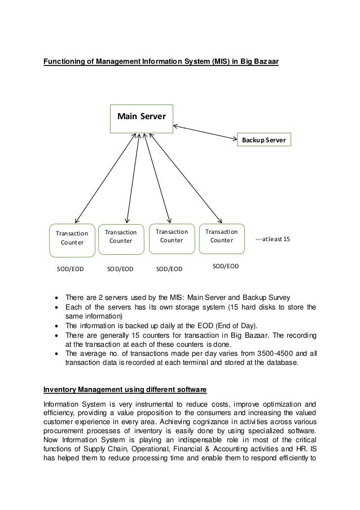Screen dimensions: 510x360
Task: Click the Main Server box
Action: (x=141, y=117)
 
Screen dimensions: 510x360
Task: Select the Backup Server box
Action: (x=264, y=139)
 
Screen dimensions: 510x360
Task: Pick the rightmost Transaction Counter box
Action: (x=221, y=236)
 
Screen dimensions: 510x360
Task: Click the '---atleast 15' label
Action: (x=273, y=239)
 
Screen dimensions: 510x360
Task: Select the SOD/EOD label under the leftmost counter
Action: (x=70, y=269)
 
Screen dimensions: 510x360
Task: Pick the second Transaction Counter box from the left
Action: (x=121, y=236)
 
